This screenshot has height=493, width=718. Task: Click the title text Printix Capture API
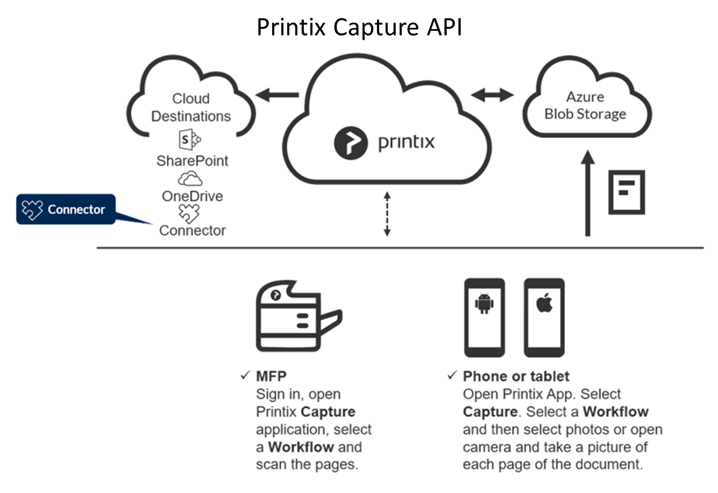point(359,27)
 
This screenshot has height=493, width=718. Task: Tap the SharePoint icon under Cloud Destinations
point(189,140)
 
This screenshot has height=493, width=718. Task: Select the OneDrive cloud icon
point(190,178)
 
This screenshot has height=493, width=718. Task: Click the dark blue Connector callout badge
point(66,209)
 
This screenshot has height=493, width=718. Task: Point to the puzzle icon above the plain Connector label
point(189,214)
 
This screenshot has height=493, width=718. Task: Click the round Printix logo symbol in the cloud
point(351,143)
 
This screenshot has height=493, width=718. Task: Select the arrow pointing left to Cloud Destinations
point(278,96)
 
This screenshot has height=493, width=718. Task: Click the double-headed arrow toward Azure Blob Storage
point(492,96)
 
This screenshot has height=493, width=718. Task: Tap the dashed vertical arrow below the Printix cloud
point(387,214)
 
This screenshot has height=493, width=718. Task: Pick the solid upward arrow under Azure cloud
point(588,194)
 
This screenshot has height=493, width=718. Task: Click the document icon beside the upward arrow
point(627,192)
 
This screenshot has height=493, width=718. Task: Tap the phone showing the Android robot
point(484,318)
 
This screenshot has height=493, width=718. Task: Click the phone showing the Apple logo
point(544,318)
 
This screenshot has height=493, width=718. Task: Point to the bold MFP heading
point(271,376)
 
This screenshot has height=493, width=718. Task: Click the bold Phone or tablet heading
point(516,376)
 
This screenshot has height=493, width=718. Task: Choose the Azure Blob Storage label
point(585,105)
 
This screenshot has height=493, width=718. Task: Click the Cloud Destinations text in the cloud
point(191,107)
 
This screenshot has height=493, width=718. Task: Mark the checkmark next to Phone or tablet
point(452,375)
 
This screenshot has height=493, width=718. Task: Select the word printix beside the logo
point(406,143)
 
